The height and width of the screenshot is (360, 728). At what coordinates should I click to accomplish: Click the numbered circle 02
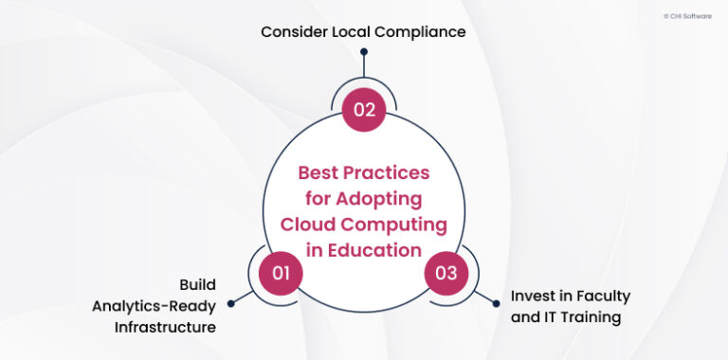tap(364, 109)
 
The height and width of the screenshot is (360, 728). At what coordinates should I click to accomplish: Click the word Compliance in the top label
tap(418, 32)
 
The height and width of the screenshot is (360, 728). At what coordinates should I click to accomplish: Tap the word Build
tap(198, 284)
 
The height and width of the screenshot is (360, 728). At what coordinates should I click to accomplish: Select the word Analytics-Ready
tap(154, 306)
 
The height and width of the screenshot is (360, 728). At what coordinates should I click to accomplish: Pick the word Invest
tap(533, 296)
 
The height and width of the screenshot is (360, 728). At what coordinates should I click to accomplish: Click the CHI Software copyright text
tap(688, 16)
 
